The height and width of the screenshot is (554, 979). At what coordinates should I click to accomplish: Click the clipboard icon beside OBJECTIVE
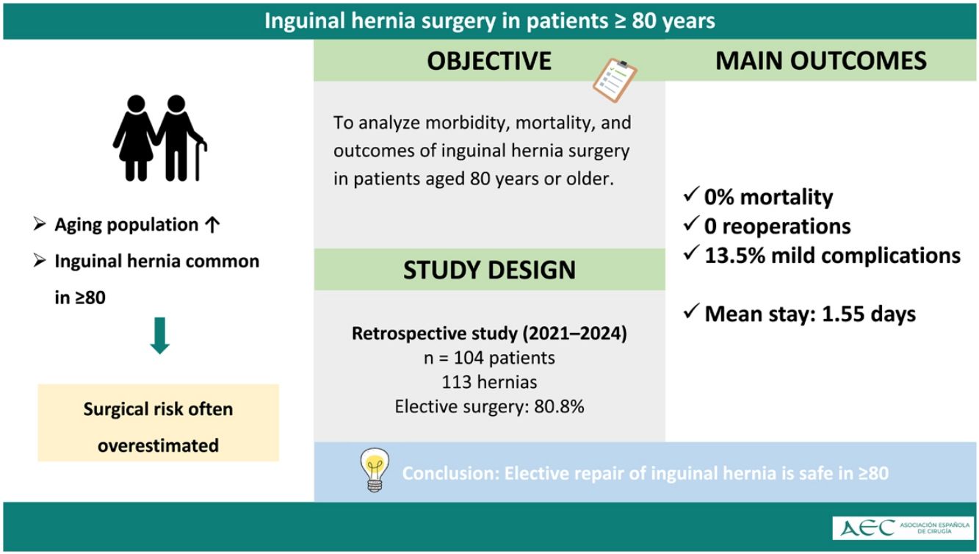point(615,81)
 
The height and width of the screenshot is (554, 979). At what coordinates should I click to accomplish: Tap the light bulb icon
point(375,470)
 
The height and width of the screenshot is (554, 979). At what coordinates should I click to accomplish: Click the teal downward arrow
point(160,336)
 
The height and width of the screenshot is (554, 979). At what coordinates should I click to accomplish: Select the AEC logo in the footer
point(903,528)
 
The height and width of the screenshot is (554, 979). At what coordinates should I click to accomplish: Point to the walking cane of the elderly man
point(200,159)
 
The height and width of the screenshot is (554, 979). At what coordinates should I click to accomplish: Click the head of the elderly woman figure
point(137,104)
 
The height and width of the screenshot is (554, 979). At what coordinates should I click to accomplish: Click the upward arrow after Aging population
point(212,225)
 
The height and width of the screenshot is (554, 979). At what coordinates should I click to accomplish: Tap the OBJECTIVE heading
point(489,61)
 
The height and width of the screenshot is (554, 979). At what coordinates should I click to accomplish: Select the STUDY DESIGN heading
point(489,270)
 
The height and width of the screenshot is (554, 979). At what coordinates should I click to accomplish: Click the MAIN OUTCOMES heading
point(821,61)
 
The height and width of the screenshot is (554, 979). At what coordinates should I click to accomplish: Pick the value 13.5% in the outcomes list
point(734,256)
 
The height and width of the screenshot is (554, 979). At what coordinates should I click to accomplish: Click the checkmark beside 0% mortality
point(690,194)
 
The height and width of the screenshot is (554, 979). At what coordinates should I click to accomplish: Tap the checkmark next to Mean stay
point(690,311)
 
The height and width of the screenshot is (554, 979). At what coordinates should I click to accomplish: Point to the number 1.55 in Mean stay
point(842,314)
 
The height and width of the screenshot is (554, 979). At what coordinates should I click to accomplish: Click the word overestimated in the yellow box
point(158,445)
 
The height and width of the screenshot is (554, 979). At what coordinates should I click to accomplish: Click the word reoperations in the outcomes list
point(787,227)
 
